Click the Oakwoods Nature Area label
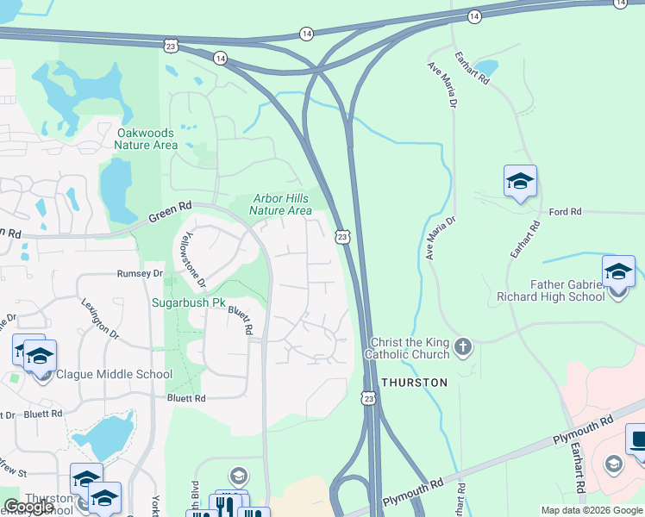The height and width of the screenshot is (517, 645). pos(146,139)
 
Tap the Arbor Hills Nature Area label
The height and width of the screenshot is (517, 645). pos(281,204)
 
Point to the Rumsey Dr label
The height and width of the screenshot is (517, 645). pos(140,273)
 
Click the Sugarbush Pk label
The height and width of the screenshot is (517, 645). pos(188,303)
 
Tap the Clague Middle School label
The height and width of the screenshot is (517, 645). pos(114,375)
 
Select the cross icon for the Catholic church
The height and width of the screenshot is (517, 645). pos(463,347)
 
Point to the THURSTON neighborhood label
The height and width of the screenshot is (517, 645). pos(415,382)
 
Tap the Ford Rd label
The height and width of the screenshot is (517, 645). pos(566,211)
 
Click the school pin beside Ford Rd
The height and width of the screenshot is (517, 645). pos(520,182)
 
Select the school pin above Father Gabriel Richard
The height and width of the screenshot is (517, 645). pos(618,271)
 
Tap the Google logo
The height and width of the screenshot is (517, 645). pos(29,507)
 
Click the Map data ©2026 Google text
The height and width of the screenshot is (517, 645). pos(591,510)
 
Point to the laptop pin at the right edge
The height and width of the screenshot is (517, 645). pos(637,440)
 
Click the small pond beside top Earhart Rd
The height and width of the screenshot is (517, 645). pos(486,66)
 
